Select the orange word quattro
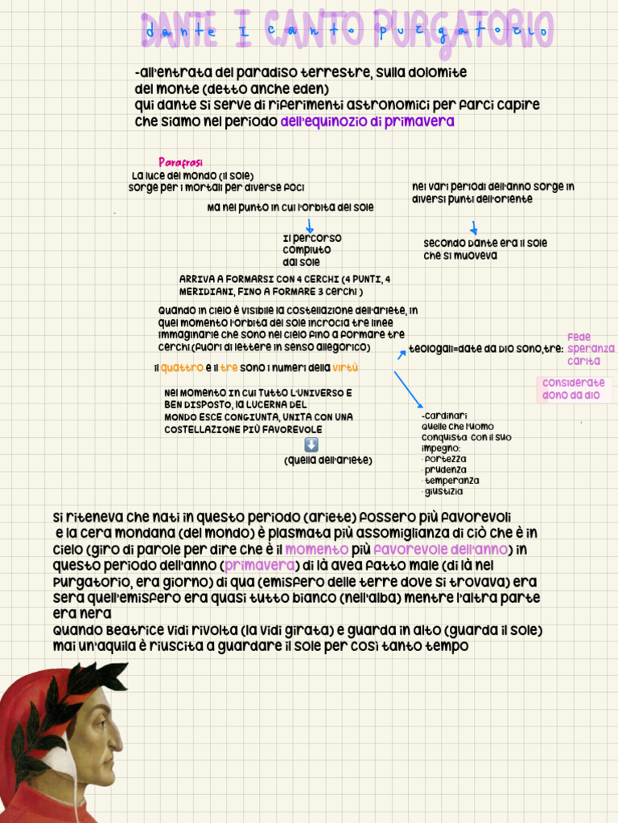pyautogui.click(x=181, y=368)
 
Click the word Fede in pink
pyautogui.click(x=579, y=338)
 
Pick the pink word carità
pyautogui.click(x=583, y=362)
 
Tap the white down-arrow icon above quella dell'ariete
pyautogui.click(x=312, y=444)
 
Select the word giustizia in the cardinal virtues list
pyautogui.click(x=444, y=492)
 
